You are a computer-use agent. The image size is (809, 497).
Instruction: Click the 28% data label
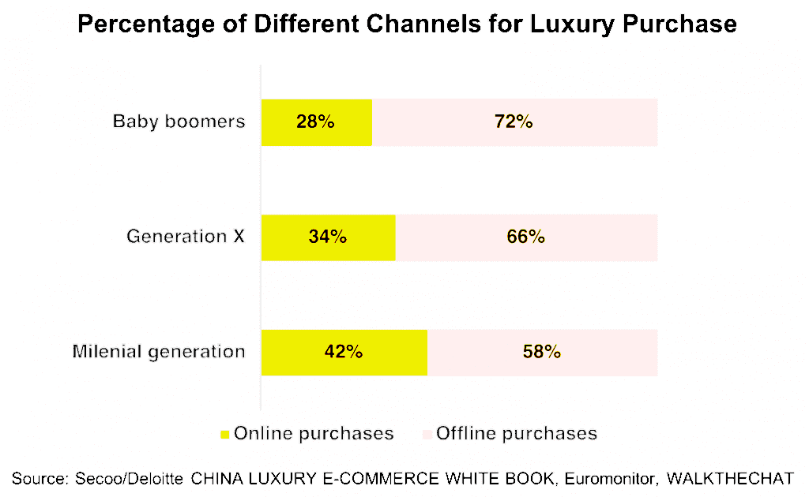(316, 122)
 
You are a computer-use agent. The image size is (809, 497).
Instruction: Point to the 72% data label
(514, 122)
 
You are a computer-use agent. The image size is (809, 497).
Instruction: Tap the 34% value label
(328, 237)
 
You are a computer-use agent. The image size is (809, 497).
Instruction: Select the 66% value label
(526, 237)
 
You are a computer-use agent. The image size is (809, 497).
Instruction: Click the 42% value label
(344, 352)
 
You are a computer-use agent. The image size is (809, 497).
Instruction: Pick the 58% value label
(542, 352)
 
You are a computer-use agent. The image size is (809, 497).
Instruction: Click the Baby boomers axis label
(179, 121)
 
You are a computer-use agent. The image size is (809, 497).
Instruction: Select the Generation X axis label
(186, 236)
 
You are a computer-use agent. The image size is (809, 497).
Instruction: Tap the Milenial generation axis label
(159, 351)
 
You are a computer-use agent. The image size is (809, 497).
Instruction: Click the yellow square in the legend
(224, 434)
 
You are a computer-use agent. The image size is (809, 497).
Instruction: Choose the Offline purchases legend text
(517, 433)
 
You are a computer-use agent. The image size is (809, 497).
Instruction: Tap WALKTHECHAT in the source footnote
(730, 478)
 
